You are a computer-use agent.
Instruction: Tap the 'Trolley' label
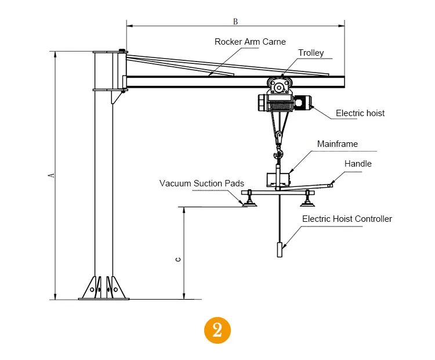click(311, 53)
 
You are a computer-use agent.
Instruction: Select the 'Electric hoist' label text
click(360, 113)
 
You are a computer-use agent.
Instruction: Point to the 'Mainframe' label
click(337, 144)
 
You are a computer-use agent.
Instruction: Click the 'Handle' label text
click(358, 164)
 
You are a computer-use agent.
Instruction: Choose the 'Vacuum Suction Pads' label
click(198, 183)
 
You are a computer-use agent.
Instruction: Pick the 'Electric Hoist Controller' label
click(347, 219)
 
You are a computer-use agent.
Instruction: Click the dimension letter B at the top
click(235, 21)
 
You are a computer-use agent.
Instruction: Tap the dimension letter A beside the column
click(51, 175)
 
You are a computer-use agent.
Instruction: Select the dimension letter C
click(179, 259)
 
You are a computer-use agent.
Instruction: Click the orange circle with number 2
click(217, 330)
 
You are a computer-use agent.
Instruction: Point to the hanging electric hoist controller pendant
click(280, 250)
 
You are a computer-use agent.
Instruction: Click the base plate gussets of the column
click(104, 287)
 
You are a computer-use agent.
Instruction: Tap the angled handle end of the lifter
click(330, 185)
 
